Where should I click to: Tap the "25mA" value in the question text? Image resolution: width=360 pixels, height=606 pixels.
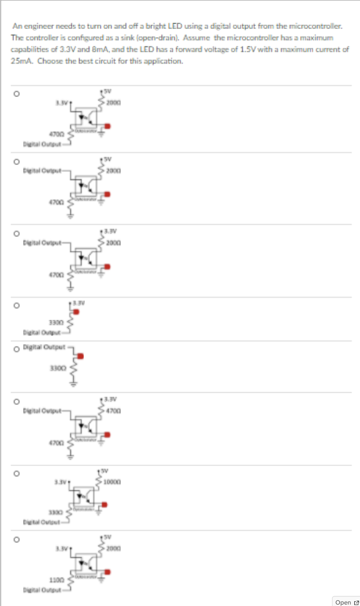pos(21,61)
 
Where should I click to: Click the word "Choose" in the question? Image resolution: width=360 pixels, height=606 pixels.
pos(50,61)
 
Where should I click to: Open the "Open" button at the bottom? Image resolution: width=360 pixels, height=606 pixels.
pos(346,602)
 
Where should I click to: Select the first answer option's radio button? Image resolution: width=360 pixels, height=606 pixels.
pos(15,96)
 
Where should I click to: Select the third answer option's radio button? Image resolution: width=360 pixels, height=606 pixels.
pos(15,234)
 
